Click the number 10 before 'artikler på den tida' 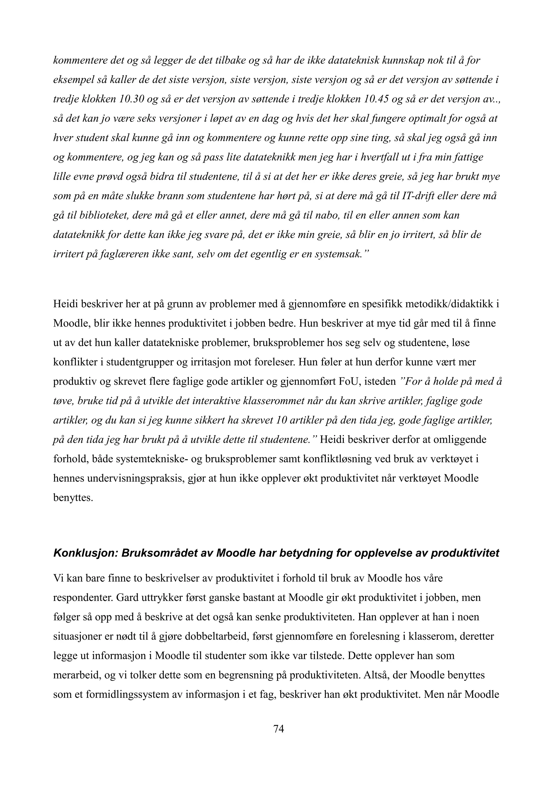pyautogui.click(x=281, y=420)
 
